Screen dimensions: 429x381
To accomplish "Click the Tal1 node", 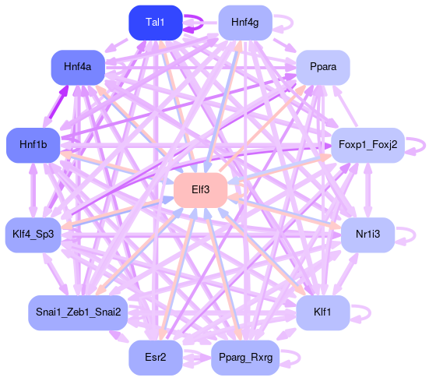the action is [156, 23].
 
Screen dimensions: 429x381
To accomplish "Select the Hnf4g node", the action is [245, 23].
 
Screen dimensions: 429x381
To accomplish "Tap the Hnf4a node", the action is [78, 67].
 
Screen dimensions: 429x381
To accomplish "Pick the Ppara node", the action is [323, 67].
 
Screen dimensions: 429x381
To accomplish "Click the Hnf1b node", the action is [33, 145].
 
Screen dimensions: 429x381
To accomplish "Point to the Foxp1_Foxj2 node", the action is [367, 145].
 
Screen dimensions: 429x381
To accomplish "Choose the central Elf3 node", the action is [201, 190].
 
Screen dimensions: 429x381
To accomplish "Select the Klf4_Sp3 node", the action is [33, 235].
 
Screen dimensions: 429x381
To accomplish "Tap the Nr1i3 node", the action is [367, 235].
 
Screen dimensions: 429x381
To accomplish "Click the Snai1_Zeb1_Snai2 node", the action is [78, 312].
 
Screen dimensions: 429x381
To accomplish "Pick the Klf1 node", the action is [323, 312].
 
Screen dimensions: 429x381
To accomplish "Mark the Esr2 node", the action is [156, 358].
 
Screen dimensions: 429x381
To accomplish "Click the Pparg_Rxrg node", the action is [245, 358].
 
